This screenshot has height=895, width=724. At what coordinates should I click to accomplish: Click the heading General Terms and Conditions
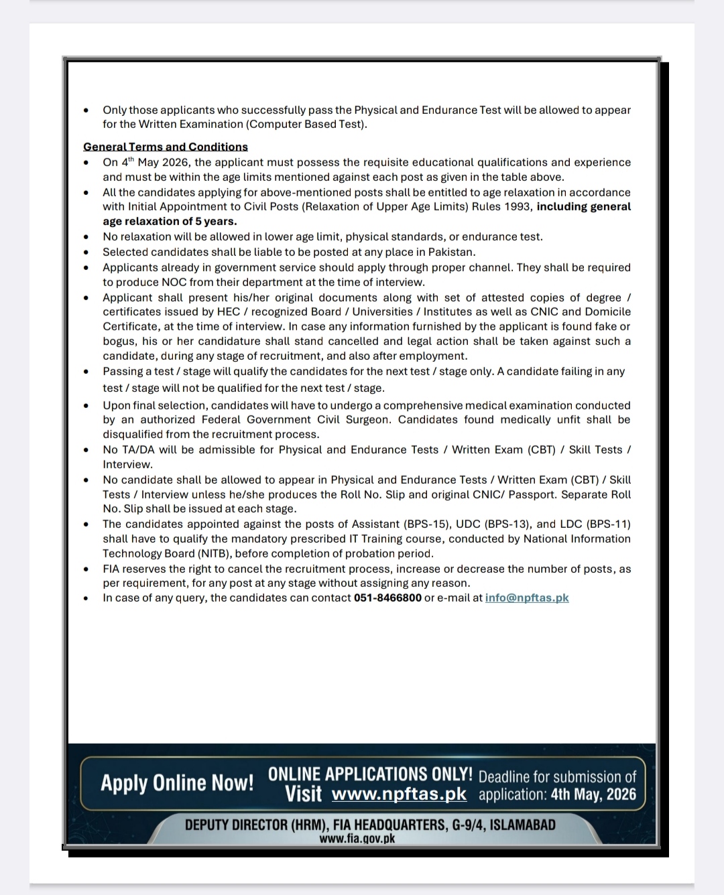[166, 147]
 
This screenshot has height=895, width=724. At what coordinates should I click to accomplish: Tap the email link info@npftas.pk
[527, 598]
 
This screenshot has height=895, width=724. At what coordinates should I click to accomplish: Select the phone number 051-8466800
[387, 598]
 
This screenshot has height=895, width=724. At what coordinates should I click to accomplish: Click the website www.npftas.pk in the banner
[399, 795]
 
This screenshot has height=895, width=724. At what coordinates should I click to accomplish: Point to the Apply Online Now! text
[177, 782]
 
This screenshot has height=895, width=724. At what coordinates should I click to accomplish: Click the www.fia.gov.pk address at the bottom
[357, 838]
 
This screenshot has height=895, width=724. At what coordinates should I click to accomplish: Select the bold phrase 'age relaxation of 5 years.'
[170, 221]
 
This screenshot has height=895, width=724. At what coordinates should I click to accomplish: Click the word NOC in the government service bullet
[174, 282]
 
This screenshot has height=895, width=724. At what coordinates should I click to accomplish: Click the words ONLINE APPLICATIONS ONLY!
[370, 774]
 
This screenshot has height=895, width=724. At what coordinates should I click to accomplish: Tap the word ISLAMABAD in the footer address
[523, 825]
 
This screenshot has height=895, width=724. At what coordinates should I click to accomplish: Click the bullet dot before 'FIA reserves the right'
[86, 569]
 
